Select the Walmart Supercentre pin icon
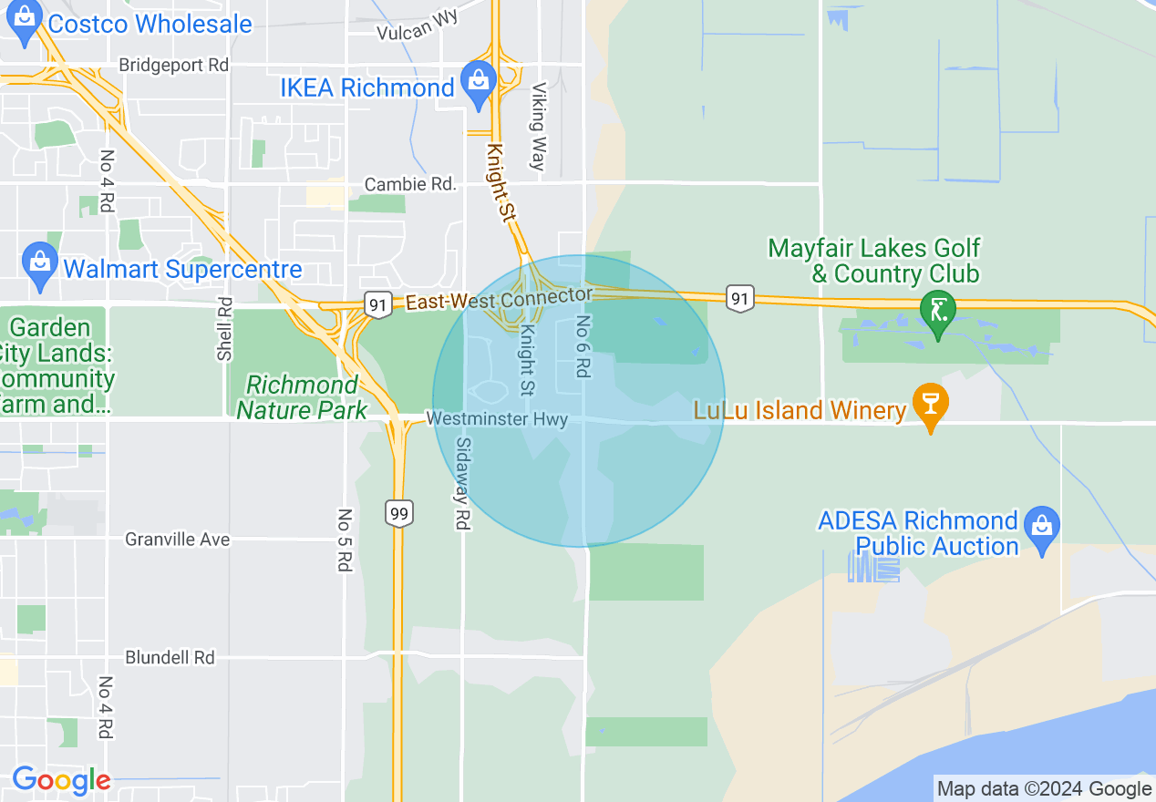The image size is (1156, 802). (40, 265)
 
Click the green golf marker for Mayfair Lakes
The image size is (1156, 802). (938, 312)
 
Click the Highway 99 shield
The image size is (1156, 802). (398, 513)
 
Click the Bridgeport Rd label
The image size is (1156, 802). (173, 66)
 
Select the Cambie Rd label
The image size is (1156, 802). (409, 184)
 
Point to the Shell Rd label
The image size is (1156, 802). (225, 328)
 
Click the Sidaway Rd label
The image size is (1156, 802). (462, 483)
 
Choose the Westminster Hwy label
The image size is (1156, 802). (497, 419)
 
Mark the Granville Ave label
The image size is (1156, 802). (177, 540)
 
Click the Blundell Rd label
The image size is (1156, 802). (170, 657)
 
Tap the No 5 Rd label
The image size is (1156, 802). (345, 540)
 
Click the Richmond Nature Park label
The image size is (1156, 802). (302, 398)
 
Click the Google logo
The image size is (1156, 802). (61, 781)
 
